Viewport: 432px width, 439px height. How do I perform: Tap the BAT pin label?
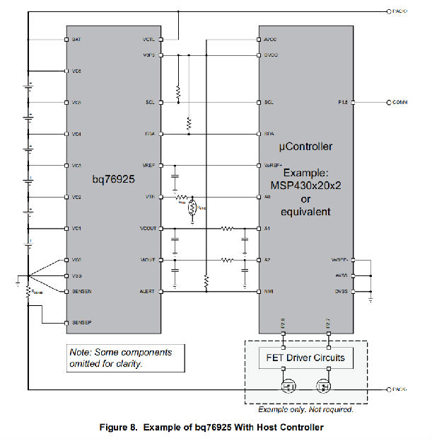point(76,40)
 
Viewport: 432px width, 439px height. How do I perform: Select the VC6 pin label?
point(76,72)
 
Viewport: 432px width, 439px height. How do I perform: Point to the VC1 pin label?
point(76,228)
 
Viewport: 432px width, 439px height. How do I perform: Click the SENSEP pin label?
point(81,323)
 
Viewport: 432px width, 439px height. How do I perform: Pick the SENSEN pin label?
point(81,291)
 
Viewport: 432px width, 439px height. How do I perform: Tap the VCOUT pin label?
point(148,228)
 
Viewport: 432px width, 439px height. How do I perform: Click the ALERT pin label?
point(148,291)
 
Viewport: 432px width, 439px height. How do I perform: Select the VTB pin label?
point(151,197)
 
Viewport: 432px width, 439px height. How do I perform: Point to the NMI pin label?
point(268,291)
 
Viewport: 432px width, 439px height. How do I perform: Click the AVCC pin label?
point(270,40)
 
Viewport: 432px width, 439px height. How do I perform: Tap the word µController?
point(306,147)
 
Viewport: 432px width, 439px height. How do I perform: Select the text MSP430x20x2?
point(306,186)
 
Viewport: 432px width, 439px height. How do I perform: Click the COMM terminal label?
point(401,103)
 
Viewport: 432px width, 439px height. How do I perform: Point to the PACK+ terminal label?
point(398,11)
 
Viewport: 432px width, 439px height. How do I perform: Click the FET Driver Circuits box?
point(306,358)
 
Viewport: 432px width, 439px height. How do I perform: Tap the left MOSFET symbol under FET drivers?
point(289,387)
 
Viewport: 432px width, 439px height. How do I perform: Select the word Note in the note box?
point(80,351)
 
